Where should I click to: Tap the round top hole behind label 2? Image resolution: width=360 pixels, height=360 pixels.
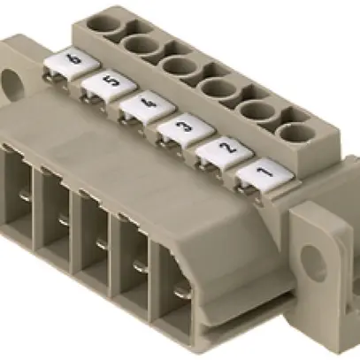255,112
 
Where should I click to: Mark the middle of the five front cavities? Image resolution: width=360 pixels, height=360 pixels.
95,232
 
